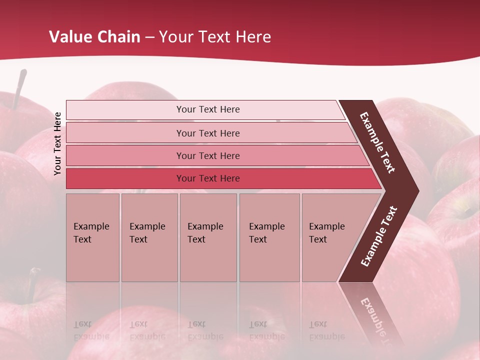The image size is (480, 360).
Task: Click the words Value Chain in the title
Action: click(x=94, y=37)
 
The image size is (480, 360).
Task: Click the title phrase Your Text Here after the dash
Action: click(x=215, y=37)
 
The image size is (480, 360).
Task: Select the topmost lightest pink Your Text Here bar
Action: click(x=207, y=109)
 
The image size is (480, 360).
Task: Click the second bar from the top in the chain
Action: click(x=207, y=133)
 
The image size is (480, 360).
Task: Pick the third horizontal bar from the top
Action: click(x=207, y=155)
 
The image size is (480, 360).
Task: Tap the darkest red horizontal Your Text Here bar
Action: click(x=207, y=178)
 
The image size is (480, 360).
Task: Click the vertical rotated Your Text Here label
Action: click(x=57, y=143)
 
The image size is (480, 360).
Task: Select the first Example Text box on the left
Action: click(x=92, y=237)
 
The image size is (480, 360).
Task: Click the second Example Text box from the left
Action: click(x=149, y=237)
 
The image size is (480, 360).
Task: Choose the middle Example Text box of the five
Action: click(x=208, y=237)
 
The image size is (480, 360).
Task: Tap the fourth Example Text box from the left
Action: click(x=269, y=237)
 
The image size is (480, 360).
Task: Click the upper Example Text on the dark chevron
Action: click(x=377, y=142)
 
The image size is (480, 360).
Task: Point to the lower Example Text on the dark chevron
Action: click(x=379, y=236)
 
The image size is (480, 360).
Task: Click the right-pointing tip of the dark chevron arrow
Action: click(x=416, y=191)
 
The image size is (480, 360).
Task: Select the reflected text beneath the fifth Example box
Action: click(x=326, y=330)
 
